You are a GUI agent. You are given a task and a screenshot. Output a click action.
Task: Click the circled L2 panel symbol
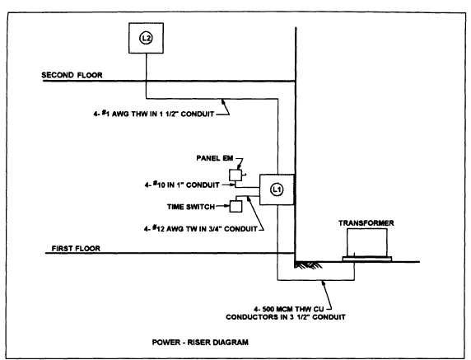pyautogui.click(x=145, y=38)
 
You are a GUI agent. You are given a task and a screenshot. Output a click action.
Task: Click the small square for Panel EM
pyautogui.click(x=235, y=175)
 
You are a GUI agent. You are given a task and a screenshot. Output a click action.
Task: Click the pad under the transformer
pyautogui.click(x=368, y=259)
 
